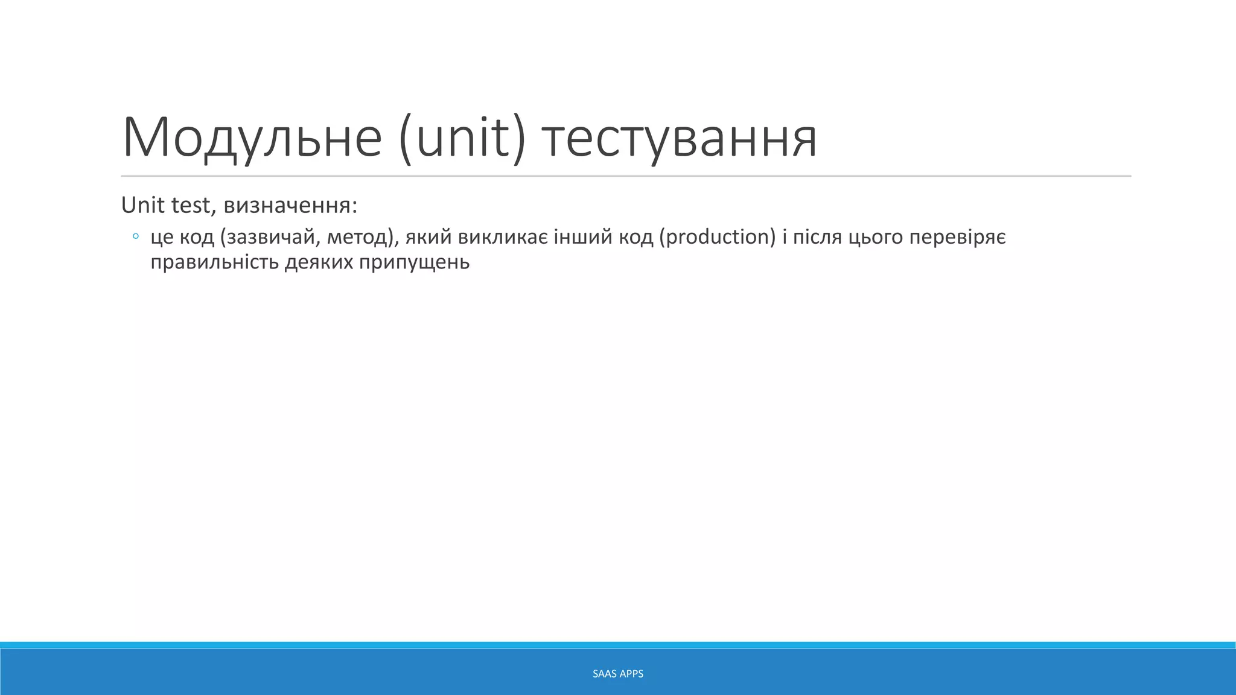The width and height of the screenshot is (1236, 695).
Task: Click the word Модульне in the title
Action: (252, 138)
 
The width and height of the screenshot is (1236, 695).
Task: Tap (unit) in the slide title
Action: (462, 138)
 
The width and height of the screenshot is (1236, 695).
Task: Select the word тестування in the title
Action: (679, 138)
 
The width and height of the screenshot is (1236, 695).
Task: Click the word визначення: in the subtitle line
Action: (290, 206)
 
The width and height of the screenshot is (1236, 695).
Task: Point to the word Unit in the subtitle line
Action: (142, 206)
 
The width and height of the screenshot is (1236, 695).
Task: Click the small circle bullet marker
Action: (136, 236)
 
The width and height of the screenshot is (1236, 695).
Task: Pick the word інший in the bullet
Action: (584, 237)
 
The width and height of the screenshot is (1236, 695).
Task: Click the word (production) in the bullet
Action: (717, 237)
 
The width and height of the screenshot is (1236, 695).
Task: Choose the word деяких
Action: (319, 262)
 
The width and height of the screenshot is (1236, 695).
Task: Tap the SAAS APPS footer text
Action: (618, 674)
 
